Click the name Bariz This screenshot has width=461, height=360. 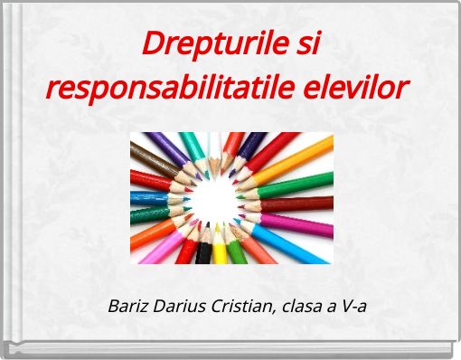click(127, 305)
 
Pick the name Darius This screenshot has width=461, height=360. click(178, 305)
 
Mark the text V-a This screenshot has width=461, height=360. click(352, 305)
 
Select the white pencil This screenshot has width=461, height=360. click(214, 146)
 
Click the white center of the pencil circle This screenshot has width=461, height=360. click(217, 194)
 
